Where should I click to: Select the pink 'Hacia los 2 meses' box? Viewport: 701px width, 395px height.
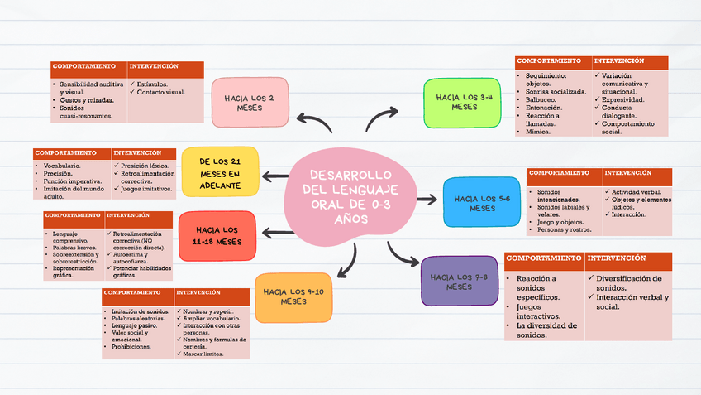249,102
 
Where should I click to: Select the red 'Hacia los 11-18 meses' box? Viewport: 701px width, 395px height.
217,235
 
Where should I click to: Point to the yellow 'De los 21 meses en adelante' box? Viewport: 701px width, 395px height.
220,173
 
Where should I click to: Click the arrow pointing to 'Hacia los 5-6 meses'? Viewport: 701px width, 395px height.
427,200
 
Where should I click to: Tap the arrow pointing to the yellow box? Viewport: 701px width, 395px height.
275,176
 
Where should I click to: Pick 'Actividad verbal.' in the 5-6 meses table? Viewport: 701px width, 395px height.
636,192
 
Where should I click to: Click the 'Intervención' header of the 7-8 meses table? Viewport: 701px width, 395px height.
616,259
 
